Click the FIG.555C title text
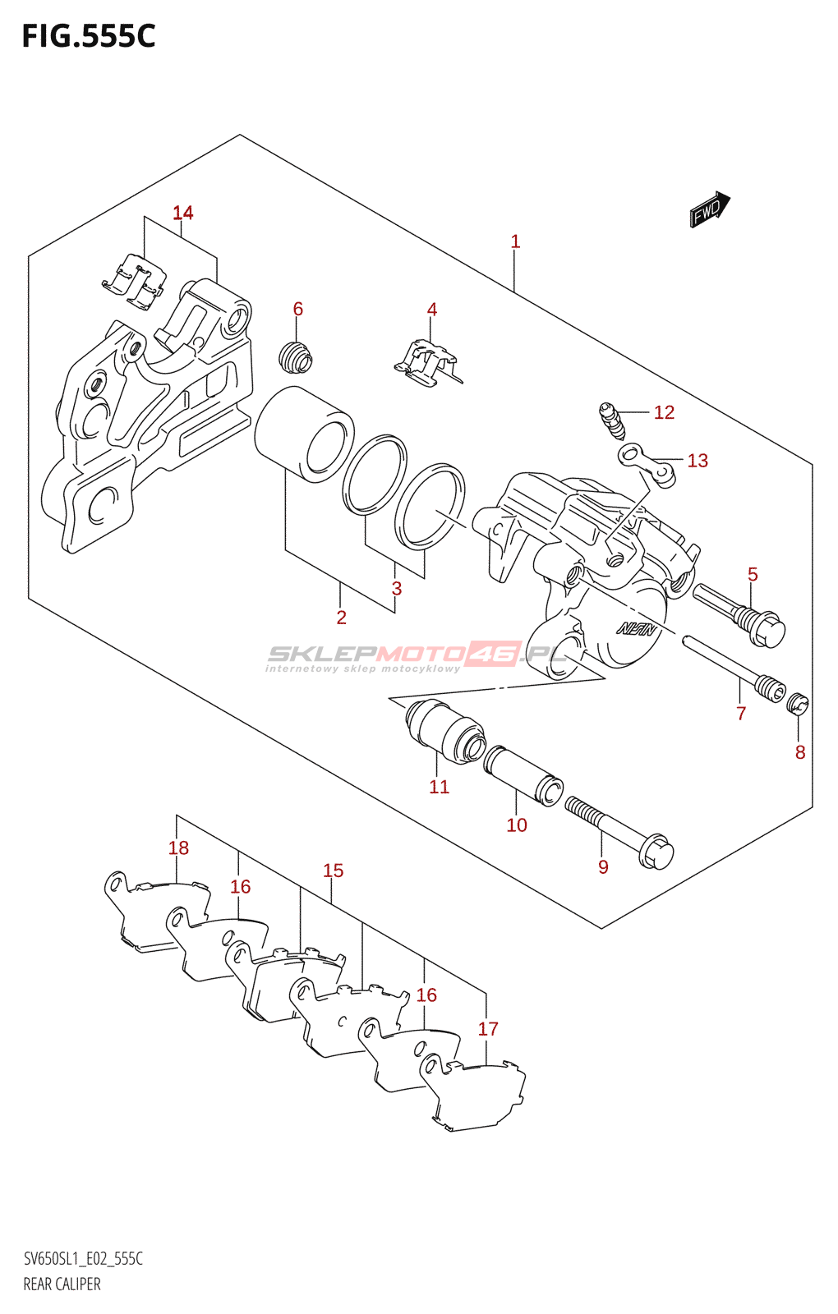pos(88,37)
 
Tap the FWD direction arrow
pos(709,209)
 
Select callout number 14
pos(182,213)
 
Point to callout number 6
pos(297,309)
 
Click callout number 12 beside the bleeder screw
pos(664,412)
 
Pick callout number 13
pos(698,461)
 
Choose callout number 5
pos(753,574)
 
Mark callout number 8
pos(800,751)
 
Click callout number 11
pos(439,787)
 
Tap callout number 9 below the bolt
pos(603,867)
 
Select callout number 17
pos(488,1029)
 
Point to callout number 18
pos(178,848)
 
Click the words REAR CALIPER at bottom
pos(62,1284)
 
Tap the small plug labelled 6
pos(296,356)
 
